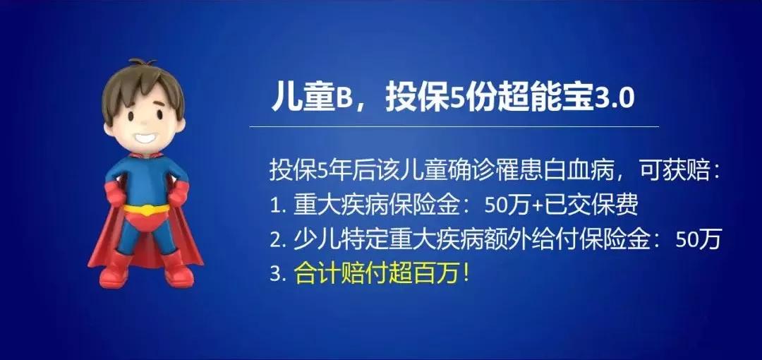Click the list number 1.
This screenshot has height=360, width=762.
click(275, 205)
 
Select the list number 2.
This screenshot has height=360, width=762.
click(275, 239)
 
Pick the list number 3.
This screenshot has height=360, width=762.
click(275, 273)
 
